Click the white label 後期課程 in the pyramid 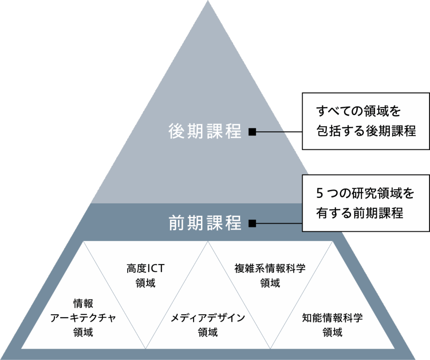tap(205, 131)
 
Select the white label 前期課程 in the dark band tap(205, 223)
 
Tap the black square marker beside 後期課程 tap(252, 131)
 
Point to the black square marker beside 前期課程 tap(252, 223)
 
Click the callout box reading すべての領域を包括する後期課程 tap(365, 121)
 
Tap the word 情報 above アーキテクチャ tap(83, 303)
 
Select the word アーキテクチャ tap(83, 318)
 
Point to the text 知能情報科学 tap(332, 318)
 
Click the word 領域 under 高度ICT tap(145, 283)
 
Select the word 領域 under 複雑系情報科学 tap(270, 283)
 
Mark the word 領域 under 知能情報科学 tap(332, 332)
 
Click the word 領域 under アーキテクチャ tap(83, 332)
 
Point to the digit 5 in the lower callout tap(319, 194)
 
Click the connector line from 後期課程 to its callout tap(279, 131)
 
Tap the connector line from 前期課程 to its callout tap(279, 223)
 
